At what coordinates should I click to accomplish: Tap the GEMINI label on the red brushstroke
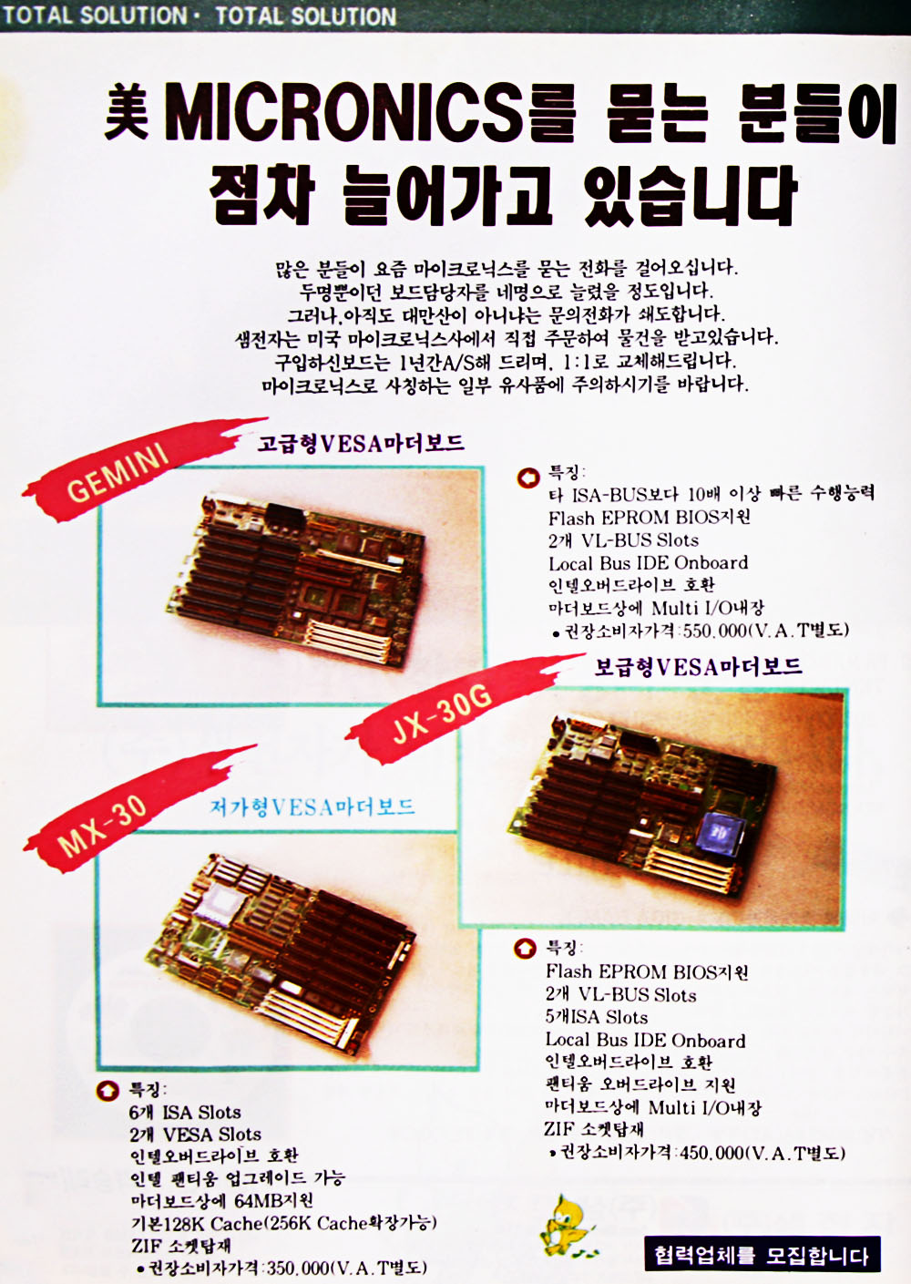pyautogui.click(x=118, y=473)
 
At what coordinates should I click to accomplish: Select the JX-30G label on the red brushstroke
pyautogui.click(x=442, y=714)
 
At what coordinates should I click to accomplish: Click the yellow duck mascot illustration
pyautogui.click(x=568, y=1225)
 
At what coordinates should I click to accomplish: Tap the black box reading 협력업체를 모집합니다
pyautogui.click(x=762, y=1254)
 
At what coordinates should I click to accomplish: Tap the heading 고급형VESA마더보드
pyautogui.click(x=361, y=444)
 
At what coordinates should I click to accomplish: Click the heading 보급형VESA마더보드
pyautogui.click(x=698, y=667)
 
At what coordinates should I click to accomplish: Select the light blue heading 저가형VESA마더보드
pyautogui.click(x=312, y=807)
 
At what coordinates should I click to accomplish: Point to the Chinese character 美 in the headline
pyautogui.click(x=127, y=112)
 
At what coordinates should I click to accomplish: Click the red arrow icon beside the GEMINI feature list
pyautogui.click(x=527, y=478)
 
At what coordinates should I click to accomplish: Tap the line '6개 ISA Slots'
pyautogui.click(x=185, y=1114)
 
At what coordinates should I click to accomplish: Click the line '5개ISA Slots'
pyautogui.click(x=596, y=1018)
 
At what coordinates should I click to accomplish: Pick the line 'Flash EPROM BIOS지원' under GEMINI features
pyautogui.click(x=650, y=518)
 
